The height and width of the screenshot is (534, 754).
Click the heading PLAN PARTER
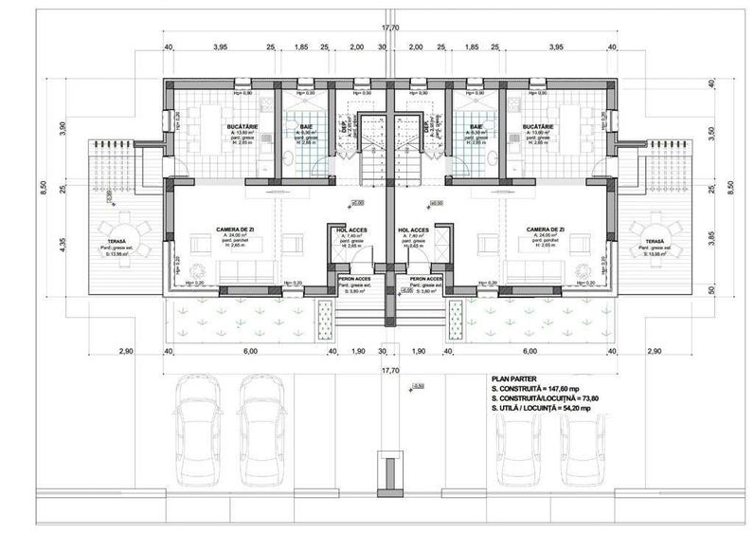516,377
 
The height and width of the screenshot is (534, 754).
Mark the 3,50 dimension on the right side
712,134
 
